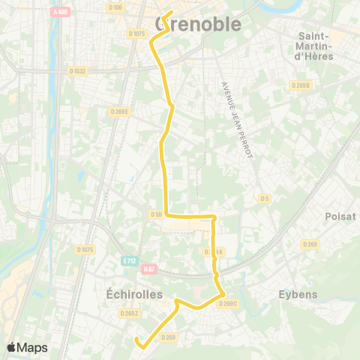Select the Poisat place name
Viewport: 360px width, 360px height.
coord(335,216)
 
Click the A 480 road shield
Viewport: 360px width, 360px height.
coord(60,11)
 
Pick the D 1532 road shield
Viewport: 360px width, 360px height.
coord(77,71)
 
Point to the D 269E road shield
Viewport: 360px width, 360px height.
coord(119,111)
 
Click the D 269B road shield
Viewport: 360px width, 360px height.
coord(301,85)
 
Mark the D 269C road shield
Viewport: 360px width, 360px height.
coord(228,303)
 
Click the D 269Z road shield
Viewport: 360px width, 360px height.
coord(129,313)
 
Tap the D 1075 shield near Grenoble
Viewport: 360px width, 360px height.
coord(136,33)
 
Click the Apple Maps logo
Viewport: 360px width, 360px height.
coord(27,347)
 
